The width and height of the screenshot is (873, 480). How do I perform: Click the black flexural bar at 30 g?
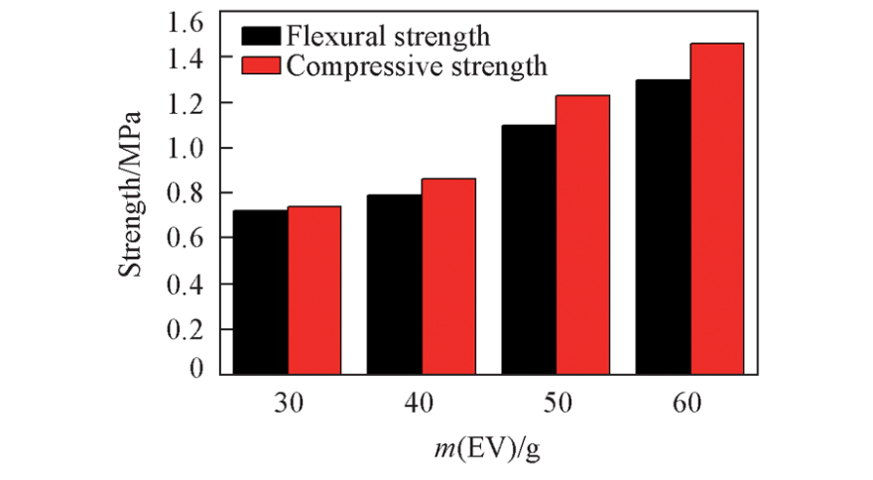click(261, 292)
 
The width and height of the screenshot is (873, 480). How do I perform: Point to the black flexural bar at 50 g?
click(529, 249)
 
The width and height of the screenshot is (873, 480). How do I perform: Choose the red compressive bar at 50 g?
click(582, 234)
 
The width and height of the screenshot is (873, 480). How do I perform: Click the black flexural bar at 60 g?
click(663, 226)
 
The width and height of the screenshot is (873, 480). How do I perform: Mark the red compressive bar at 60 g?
click(716, 208)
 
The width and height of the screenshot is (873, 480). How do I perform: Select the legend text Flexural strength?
click(388, 38)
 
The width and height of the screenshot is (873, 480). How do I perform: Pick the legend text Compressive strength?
click(417, 65)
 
